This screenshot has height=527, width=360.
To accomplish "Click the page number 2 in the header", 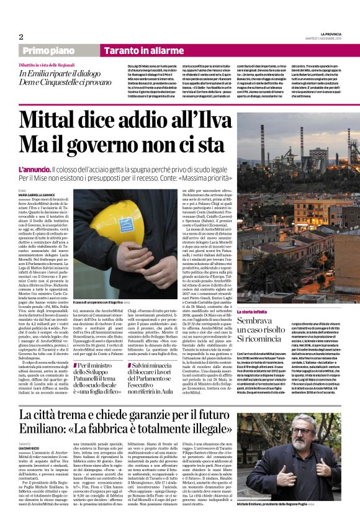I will coord(21,36).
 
